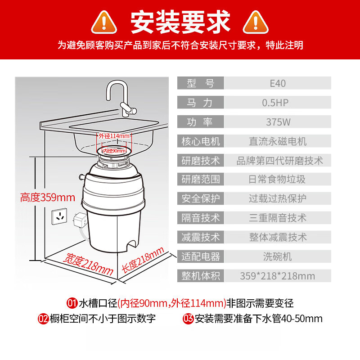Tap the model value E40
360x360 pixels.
278,83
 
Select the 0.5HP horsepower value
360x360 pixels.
278,103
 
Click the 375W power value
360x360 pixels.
278,122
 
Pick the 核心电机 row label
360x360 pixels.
200,141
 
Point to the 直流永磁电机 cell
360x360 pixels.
278,141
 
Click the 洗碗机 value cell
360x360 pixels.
278,256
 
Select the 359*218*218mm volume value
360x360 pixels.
278,275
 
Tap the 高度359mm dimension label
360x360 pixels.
47,197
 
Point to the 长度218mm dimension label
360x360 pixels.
143,263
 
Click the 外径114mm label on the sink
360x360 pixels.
115,136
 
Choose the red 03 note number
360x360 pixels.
189,319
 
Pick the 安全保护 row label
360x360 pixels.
200,198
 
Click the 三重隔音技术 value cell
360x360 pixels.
278,218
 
